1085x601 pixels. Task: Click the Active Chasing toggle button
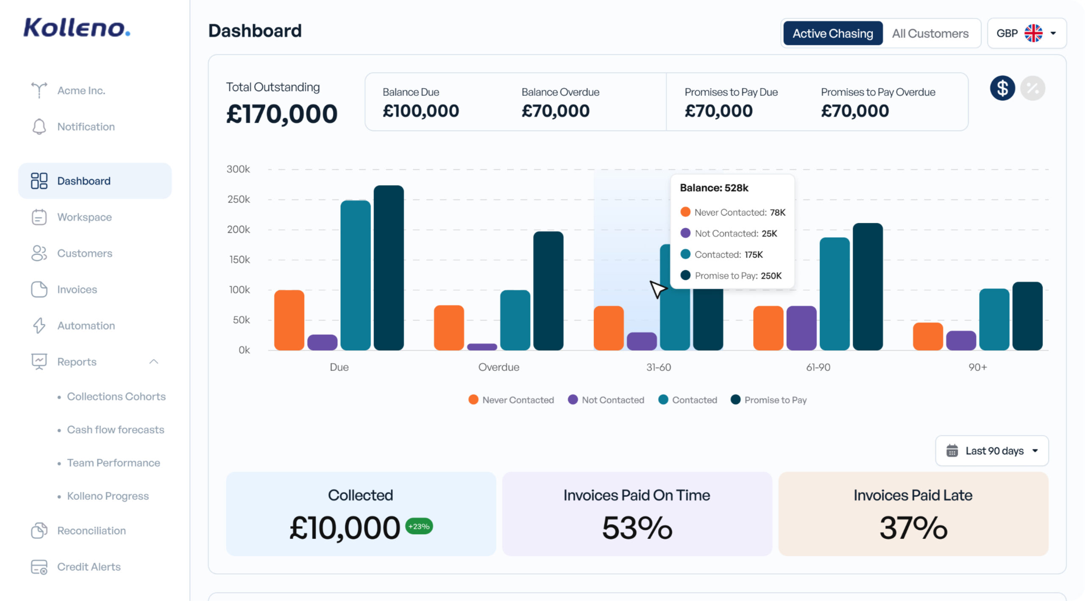click(832, 33)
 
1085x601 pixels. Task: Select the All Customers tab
click(930, 33)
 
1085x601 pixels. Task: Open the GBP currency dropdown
click(1026, 33)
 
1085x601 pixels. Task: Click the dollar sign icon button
click(1002, 88)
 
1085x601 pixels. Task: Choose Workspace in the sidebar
click(84, 217)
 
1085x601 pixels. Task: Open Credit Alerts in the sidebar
click(88, 567)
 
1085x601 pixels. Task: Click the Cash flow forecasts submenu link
click(115, 429)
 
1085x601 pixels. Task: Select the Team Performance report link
click(113, 462)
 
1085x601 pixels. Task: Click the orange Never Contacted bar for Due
click(289, 320)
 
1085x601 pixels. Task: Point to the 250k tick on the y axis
click(239, 199)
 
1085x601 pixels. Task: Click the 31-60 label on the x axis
click(658, 367)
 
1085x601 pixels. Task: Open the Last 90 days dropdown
click(992, 451)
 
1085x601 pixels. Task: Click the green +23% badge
click(419, 526)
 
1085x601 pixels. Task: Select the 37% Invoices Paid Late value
click(913, 528)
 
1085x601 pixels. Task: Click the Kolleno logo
click(76, 28)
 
